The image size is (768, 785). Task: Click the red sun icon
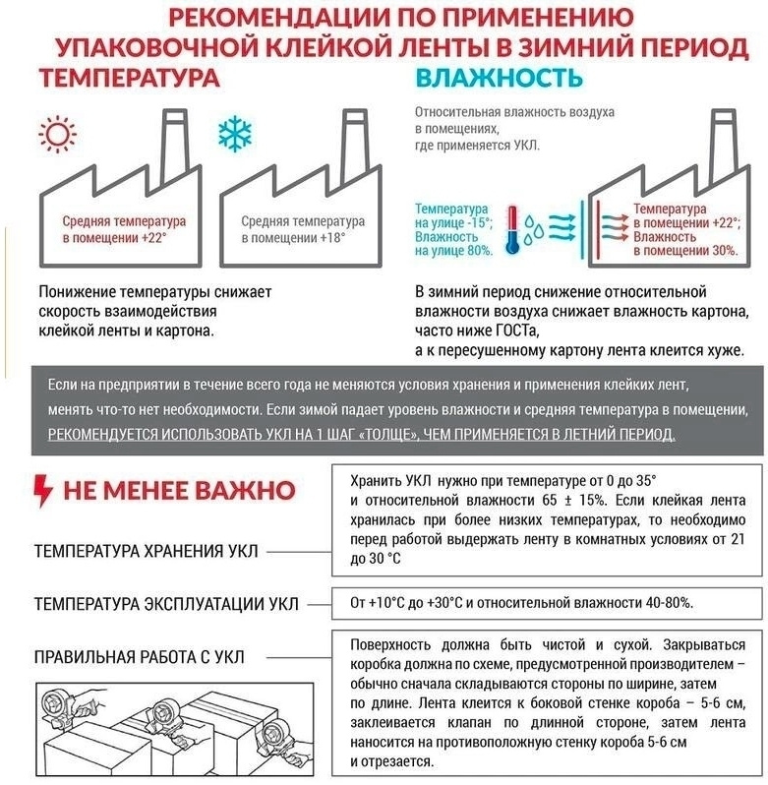(x=54, y=134)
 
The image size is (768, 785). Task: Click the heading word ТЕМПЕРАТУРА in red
(x=128, y=79)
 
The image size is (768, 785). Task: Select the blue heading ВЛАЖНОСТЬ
(x=493, y=79)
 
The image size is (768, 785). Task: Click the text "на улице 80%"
(x=453, y=253)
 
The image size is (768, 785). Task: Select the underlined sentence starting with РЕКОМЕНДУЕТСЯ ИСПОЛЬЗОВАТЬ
(x=362, y=434)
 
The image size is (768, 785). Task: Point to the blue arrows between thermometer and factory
(x=563, y=227)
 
